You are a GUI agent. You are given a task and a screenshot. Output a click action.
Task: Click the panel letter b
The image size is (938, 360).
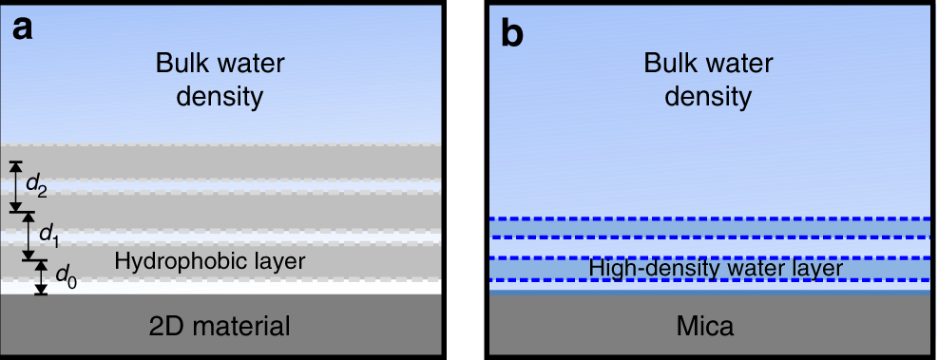512,31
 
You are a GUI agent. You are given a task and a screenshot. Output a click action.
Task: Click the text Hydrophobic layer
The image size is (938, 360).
209,259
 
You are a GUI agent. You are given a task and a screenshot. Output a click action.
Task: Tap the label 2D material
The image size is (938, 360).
221,327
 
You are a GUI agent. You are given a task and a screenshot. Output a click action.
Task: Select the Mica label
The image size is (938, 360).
706,327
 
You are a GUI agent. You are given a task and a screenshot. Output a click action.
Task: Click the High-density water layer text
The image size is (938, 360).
717,269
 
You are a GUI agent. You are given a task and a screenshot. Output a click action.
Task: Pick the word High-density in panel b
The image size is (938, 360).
640,269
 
